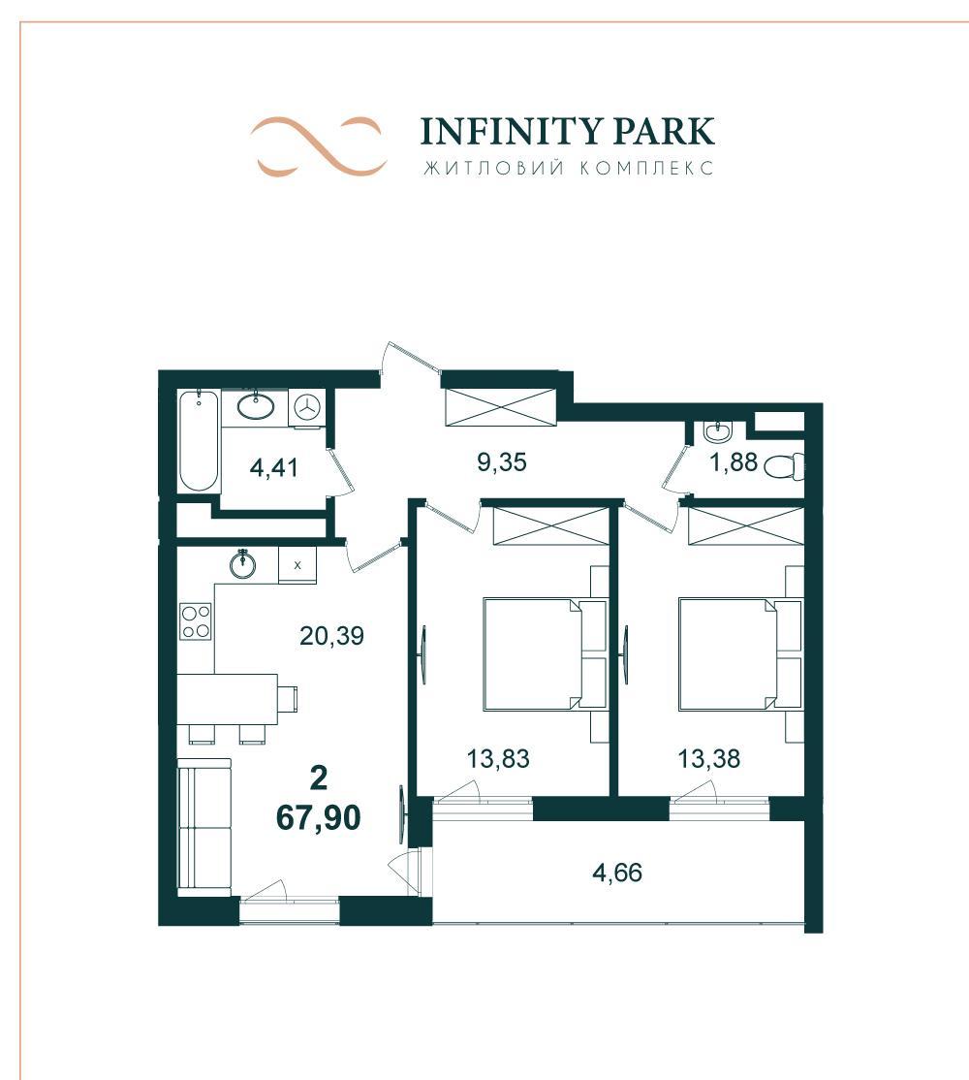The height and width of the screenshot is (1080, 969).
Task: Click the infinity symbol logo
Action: [317, 146]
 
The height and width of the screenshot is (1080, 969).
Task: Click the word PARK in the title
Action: [664, 131]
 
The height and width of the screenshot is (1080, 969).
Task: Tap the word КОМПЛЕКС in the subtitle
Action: [645, 168]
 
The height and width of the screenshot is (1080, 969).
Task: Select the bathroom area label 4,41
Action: [274, 467]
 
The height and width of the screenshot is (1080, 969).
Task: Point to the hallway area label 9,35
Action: [502, 461]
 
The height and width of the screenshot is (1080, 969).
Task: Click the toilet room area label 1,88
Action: [734, 461]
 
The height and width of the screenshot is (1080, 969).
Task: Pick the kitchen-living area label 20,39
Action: [331, 635]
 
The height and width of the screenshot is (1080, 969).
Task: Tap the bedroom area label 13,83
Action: [498, 758]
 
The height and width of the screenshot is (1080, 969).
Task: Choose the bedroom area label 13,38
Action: [709, 758]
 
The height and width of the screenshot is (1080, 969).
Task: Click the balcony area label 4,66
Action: [617, 873]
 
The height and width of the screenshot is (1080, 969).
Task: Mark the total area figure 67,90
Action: [318, 817]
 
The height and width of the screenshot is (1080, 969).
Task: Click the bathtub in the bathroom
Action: [199, 441]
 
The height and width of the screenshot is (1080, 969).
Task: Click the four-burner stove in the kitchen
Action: [196, 621]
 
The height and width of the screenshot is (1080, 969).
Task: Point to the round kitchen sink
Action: [242, 563]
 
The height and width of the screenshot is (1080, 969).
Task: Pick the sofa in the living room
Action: [204, 827]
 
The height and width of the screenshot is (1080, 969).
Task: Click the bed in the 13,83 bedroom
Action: [545, 654]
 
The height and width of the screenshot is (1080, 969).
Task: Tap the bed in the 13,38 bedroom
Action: [740, 654]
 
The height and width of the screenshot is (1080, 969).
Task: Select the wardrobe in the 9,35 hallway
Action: [500, 407]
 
